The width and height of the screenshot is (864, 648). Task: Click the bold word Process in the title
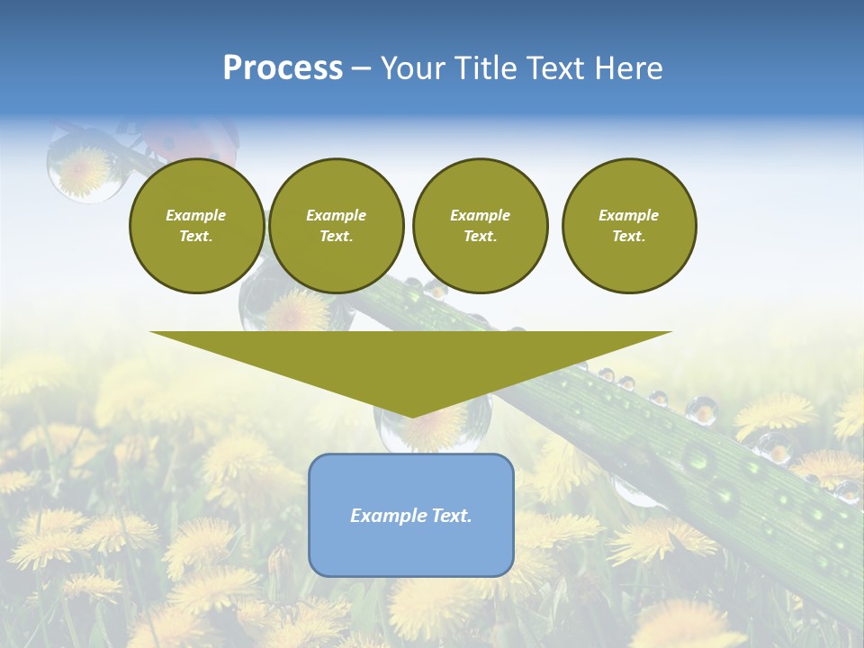[283, 68]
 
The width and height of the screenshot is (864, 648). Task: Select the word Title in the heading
[485, 68]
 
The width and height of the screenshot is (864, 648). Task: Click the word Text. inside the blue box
[449, 516]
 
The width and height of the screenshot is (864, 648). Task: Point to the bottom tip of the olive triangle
[411, 415]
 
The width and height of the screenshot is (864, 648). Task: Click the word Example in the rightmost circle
[628, 215]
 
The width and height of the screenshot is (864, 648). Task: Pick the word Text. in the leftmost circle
[196, 237]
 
